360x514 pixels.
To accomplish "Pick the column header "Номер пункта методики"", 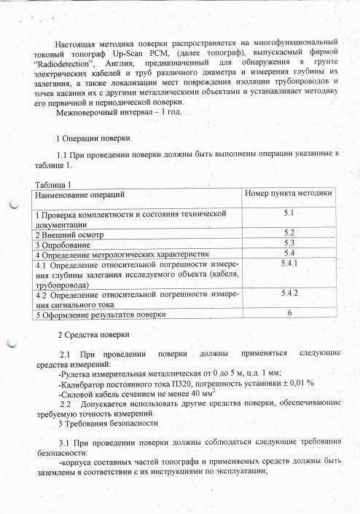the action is [287, 194].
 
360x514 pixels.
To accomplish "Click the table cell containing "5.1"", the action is [288, 213].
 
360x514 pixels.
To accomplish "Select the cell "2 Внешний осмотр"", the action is [69, 236].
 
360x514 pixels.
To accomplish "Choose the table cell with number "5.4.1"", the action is [289, 263].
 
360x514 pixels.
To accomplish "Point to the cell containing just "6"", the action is [289, 313].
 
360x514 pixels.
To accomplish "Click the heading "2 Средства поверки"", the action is [93, 335].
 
